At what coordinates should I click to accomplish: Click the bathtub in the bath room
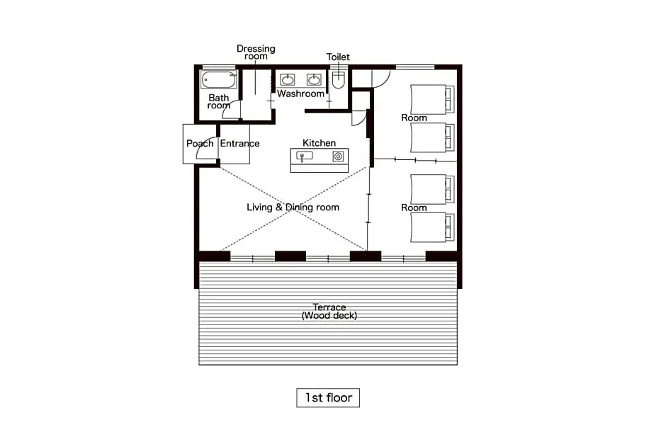[x=219, y=80]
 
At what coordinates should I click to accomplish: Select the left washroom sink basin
[x=288, y=79]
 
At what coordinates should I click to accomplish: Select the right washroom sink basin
[x=314, y=79]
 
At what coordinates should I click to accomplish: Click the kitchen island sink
[x=304, y=156]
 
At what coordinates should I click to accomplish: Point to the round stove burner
[x=338, y=156]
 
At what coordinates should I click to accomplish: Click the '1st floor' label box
[x=328, y=398]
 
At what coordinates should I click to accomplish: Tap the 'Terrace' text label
[x=329, y=307]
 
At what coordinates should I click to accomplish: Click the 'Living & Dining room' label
[x=293, y=207]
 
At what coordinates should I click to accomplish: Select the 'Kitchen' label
[x=319, y=143]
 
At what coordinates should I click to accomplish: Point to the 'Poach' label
[x=200, y=144]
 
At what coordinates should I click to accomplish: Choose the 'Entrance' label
[x=239, y=144]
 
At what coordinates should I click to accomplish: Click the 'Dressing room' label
[x=256, y=52]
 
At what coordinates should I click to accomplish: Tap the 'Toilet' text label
[x=338, y=57]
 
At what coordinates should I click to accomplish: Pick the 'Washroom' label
[x=300, y=93]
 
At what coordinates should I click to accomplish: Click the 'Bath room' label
[x=219, y=102]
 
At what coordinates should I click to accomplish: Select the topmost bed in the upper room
[x=432, y=99]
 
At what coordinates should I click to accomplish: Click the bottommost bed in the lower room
[x=432, y=227]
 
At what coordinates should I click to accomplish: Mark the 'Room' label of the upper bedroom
[x=414, y=118]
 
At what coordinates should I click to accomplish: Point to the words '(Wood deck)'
[x=329, y=315]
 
